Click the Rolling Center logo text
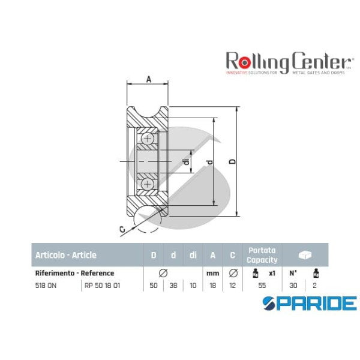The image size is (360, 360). tap(287, 61)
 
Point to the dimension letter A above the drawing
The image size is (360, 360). tap(148, 79)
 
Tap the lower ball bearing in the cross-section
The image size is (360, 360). tap(148, 184)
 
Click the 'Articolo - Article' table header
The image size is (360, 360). tap(66, 255)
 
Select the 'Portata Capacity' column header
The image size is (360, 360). tap(262, 255)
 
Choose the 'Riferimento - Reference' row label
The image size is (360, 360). tap(75, 273)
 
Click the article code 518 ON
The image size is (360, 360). tap(46, 286)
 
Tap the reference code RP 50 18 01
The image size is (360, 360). tap(102, 286)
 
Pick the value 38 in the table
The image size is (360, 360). tap(173, 286)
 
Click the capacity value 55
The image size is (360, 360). tap(262, 286)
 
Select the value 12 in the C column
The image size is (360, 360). tap(232, 286)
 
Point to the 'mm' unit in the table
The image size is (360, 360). tap(212, 273)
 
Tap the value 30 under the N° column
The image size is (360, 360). tap(293, 286)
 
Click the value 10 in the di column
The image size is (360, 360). tap(193, 286)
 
